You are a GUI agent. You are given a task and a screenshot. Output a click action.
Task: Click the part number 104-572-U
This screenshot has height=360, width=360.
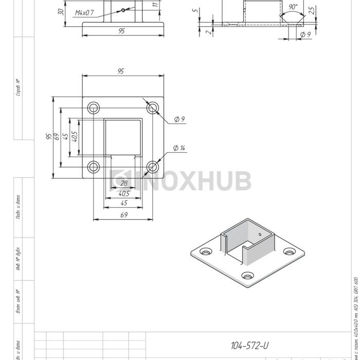point(250,345)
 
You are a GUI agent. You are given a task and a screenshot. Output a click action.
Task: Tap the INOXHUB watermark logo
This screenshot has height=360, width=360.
point(181,181)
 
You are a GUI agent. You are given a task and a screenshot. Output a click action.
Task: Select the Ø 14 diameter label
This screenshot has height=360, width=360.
point(179,148)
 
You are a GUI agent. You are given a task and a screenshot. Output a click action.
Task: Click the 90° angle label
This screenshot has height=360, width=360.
point(293,7)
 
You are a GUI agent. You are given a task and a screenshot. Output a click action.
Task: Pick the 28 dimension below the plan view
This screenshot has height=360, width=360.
point(123,183)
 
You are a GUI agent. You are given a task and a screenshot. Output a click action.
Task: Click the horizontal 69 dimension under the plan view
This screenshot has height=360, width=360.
point(124,215)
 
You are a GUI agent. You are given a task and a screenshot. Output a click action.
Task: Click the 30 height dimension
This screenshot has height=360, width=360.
point(61,11)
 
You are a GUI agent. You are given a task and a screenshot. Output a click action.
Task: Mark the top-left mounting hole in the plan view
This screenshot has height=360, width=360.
point(94,108)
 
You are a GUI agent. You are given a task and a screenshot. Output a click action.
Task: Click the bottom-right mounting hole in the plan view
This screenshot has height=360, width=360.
point(152,167)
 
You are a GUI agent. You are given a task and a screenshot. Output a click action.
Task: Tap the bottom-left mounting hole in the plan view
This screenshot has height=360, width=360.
point(94,167)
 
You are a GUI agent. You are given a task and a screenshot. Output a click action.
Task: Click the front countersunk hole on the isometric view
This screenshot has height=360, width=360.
point(247,276)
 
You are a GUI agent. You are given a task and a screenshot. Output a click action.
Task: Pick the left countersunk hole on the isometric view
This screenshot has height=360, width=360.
point(206,252)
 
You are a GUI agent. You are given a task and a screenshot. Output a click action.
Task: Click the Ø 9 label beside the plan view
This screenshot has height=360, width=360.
point(179,119)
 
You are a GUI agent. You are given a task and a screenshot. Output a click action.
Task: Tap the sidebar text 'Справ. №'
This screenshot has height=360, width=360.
point(18,87)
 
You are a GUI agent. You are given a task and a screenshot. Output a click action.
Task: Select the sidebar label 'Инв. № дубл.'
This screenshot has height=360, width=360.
point(18,260)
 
